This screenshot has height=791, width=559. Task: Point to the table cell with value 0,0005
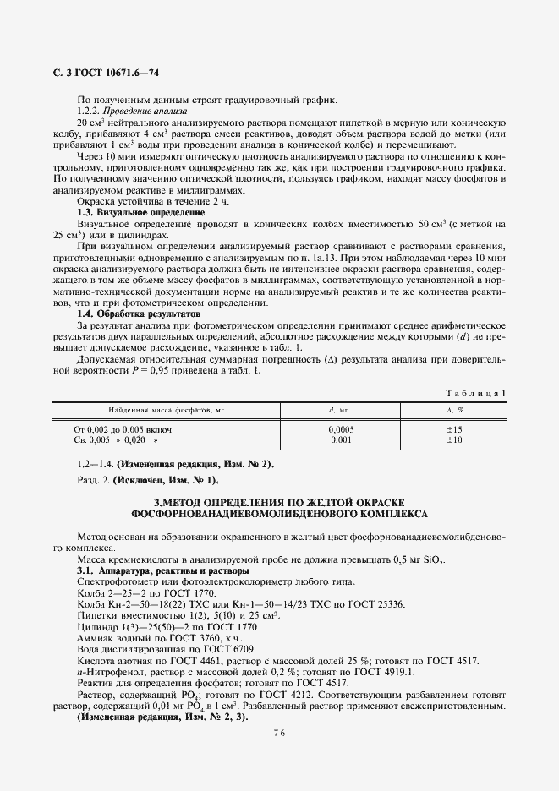tap(341, 429)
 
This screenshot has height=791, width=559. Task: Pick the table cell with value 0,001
tap(341, 439)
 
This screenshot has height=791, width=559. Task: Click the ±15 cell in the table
tap(454, 429)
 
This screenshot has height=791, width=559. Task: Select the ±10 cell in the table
tap(454, 439)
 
